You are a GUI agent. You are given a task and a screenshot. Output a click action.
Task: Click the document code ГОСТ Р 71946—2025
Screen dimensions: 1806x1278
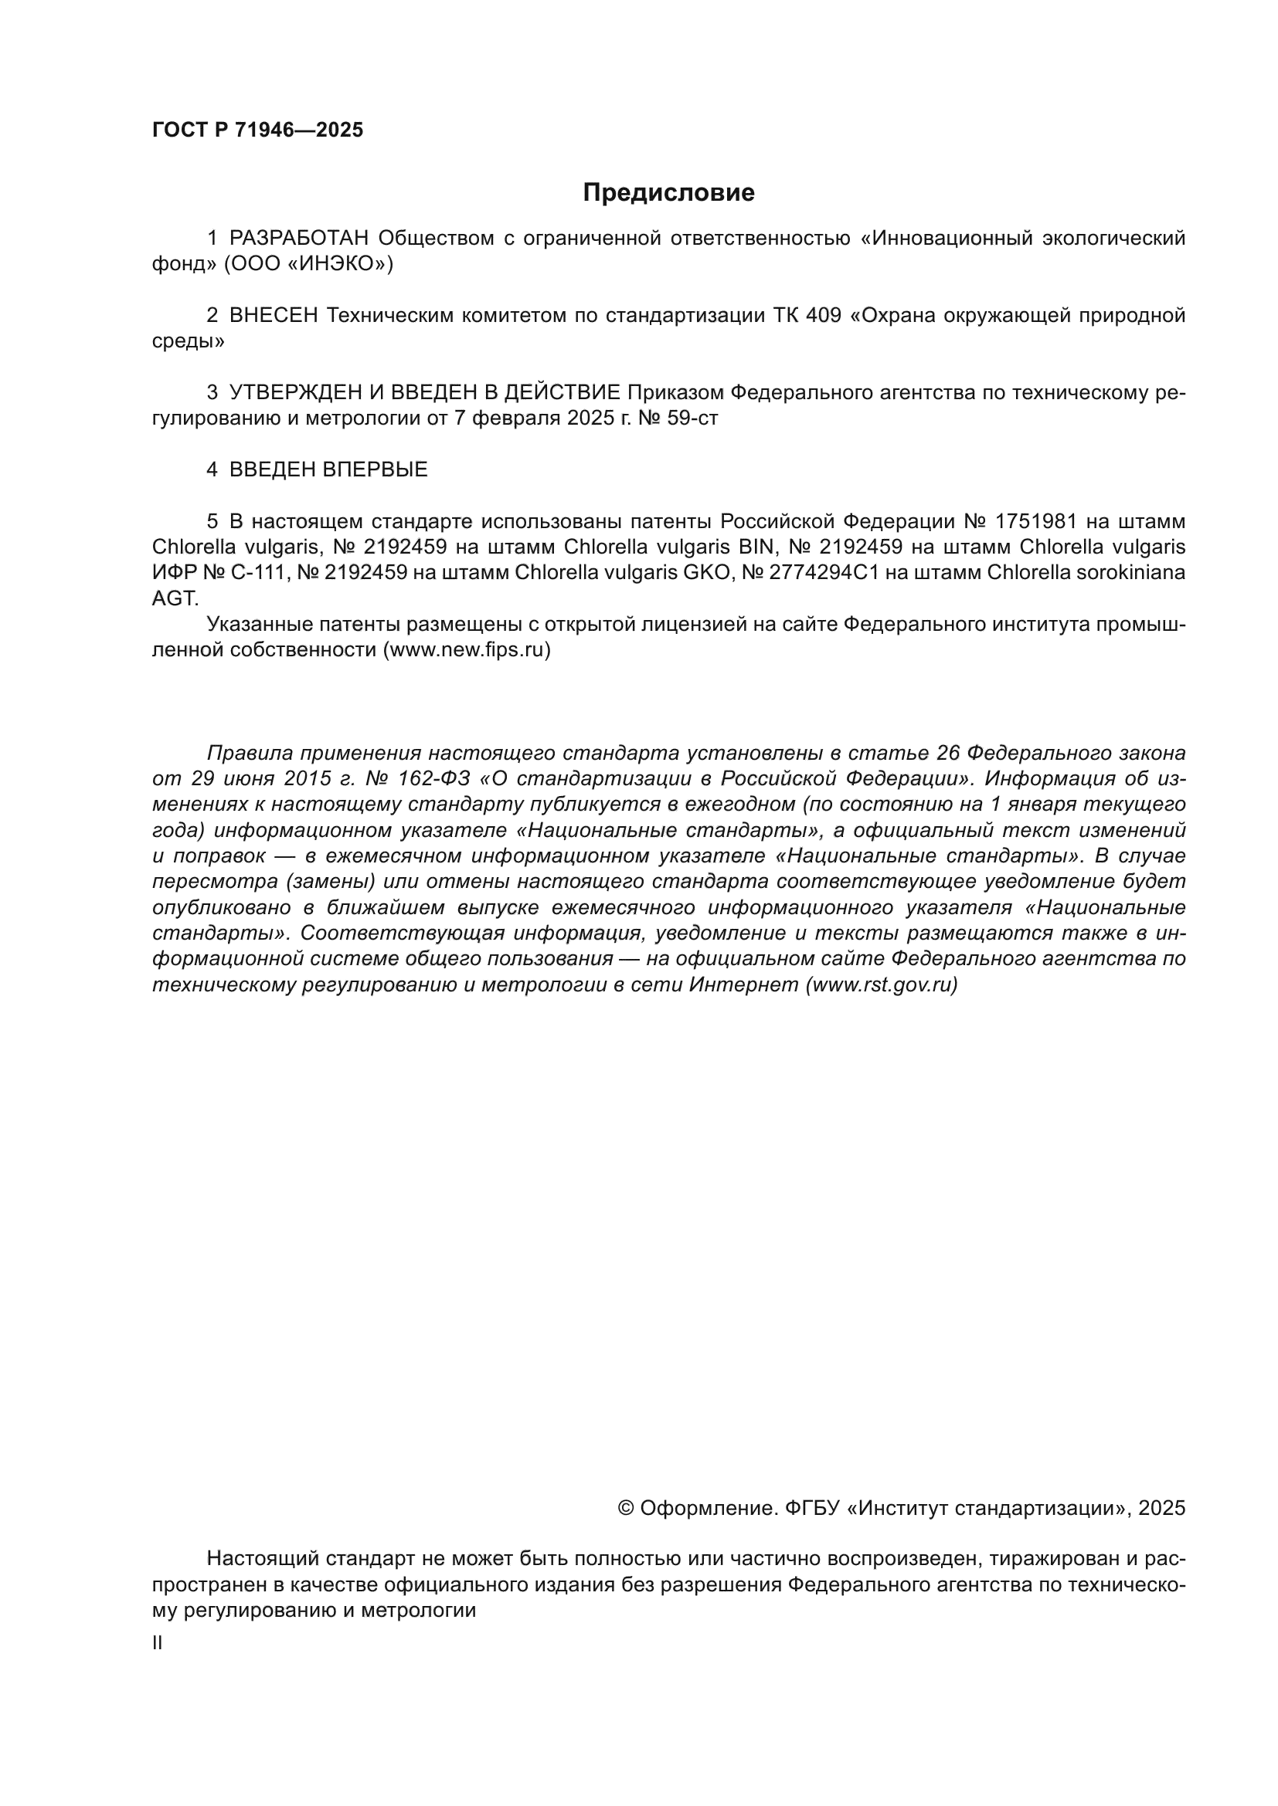click(257, 130)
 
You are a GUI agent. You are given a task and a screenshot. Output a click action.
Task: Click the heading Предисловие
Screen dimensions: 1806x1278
click(668, 193)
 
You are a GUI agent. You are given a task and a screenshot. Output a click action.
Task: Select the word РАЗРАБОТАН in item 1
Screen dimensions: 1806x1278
click(299, 239)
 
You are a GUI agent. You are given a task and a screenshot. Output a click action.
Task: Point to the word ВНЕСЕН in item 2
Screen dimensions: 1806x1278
click(274, 316)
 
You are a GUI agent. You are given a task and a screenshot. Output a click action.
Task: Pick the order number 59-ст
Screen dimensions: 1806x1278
click(697, 418)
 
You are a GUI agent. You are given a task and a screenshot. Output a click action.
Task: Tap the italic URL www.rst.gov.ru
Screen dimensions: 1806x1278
click(882, 984)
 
